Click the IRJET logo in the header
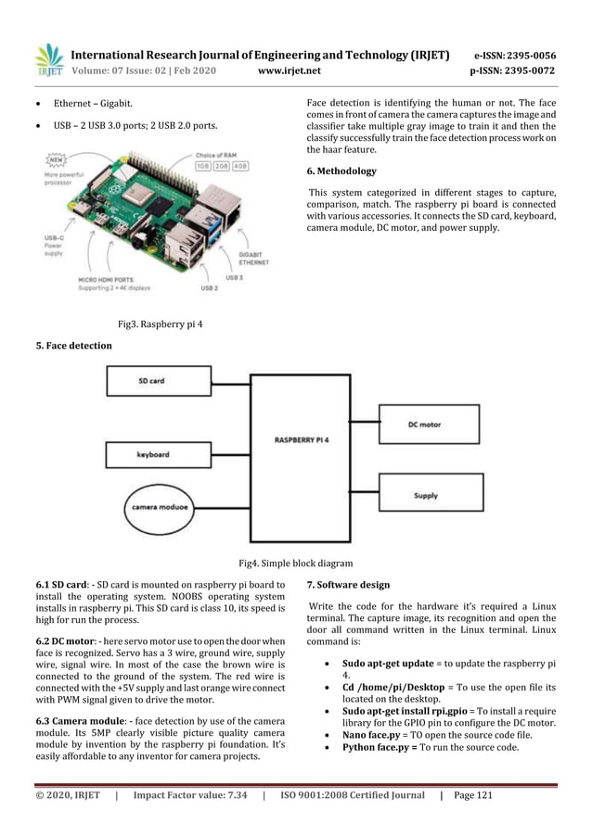point(48,59)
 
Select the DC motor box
point(426,424)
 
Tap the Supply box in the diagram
point(426,496)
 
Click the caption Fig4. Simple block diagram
point(295,563)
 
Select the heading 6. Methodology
point(341,171)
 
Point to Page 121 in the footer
point(475,794)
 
